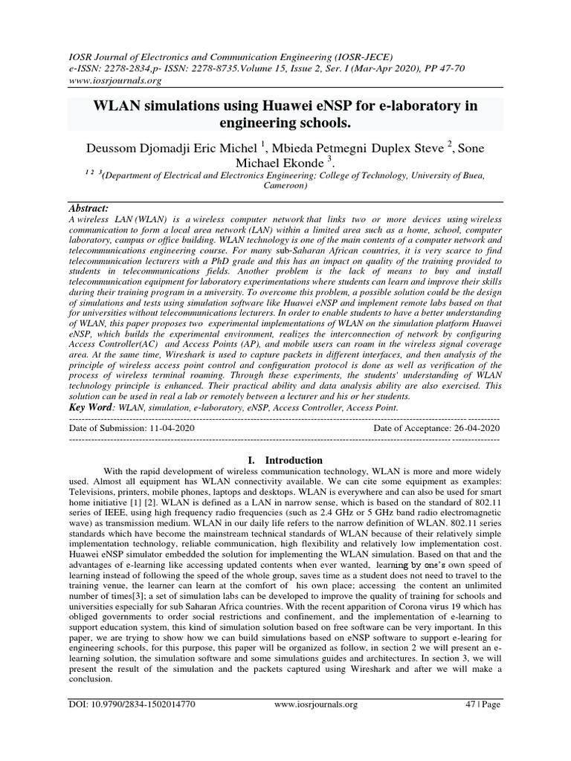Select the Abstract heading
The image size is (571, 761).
pyautogui.click(x=89, y=209)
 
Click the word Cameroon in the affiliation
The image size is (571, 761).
pyautogui.click(x=285, y=187)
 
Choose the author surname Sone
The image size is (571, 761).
pyautogui.click(x=470, y=149)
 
